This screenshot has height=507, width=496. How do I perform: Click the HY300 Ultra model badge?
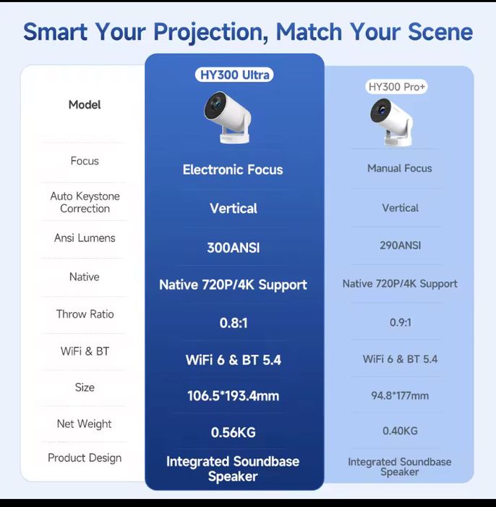234,75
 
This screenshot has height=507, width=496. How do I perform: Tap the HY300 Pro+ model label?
398,87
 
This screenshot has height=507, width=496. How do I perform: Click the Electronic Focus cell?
233,169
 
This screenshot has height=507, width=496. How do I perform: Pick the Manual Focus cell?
399,168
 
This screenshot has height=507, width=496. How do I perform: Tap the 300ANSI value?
233,248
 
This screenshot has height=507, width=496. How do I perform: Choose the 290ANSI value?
400,246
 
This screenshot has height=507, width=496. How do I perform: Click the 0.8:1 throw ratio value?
233,322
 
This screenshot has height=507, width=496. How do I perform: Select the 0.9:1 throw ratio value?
400,321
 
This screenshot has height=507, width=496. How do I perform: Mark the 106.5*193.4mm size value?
233,396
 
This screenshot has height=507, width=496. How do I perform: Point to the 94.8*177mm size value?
400,395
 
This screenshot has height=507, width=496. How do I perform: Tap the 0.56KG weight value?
233,432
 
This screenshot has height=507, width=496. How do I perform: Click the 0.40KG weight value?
400,431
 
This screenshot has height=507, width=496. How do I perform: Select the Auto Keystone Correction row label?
85,202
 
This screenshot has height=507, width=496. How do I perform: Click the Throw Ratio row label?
85,314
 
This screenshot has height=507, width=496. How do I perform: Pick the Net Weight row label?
85,424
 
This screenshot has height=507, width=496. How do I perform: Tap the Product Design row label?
85,458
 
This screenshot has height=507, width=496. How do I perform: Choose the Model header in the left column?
85,104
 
